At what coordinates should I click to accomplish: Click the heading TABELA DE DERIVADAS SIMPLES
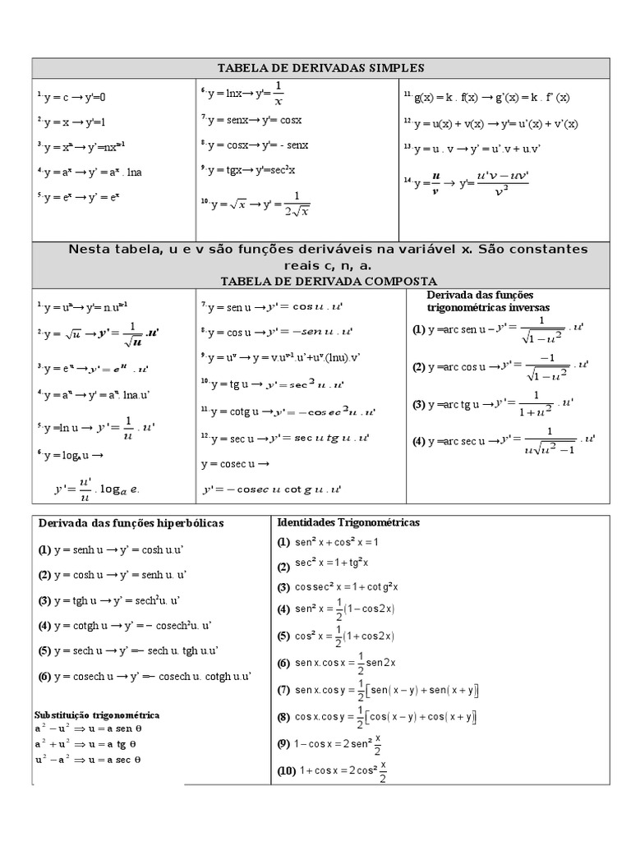click(x=320, y=68)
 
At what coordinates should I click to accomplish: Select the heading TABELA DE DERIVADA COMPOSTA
click(x=320, y=281)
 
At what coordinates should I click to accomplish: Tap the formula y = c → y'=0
click(x=74, y=97)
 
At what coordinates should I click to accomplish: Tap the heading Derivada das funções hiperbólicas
click(x=131, y=523)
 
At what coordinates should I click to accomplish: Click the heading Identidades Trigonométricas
click(x=348, y=522)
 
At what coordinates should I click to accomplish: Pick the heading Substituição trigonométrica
click(x=97, y=715)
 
